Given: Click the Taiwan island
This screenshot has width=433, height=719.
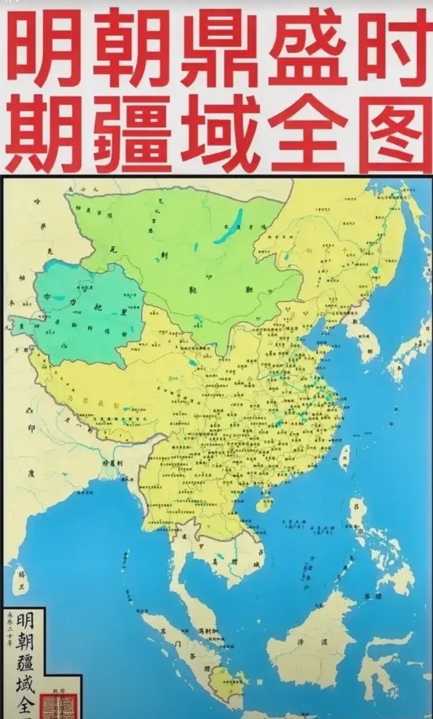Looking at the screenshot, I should coord(345,458).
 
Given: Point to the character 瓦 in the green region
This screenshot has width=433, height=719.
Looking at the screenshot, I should coord(112,249).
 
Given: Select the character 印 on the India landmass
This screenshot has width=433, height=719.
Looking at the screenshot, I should coord(30,428).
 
